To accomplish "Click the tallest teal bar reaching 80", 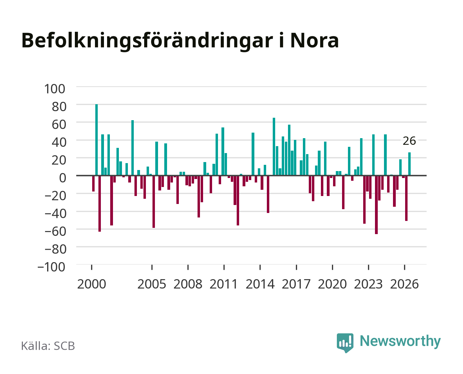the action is point(96,140).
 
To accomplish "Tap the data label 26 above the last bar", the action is point(409,141).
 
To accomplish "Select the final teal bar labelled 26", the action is point(409,164).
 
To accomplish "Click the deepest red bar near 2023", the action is point(376,205).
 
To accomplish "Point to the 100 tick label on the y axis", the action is point(54,89).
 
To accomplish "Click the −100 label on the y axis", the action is point(51,267).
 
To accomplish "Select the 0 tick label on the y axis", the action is point(63,178).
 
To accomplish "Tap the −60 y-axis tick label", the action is point(55,231).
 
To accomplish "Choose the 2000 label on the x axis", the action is point(91,284).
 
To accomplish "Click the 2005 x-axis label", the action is point(152,284).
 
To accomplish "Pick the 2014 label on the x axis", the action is point(260,284).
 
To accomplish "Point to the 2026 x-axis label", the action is point(404,284).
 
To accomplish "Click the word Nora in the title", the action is point(315,41).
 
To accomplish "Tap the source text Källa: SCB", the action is point(48,346).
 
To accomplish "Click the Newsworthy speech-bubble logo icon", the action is point(345,343).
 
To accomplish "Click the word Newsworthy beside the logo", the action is point(400,341).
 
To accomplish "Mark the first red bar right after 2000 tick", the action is point(94,183).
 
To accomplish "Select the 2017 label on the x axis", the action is point(296,284).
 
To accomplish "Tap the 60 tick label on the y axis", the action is point(59,124).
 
